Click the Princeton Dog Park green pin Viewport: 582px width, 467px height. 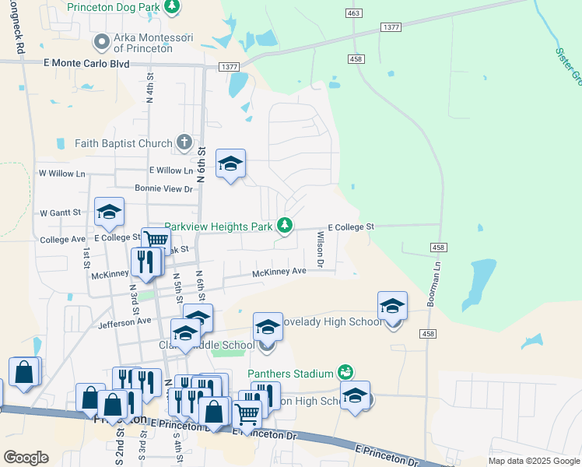pos(172,7)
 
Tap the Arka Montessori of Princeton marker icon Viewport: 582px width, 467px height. pos(101,41)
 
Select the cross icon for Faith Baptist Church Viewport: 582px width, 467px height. pos(184,142)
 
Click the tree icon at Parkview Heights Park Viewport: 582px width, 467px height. pos(286,226)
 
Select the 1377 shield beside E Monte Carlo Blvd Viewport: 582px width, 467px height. pos(229,68)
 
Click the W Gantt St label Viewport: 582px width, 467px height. pos(61,212)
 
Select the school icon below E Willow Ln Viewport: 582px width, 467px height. pos(230,163)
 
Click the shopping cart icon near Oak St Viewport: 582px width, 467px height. pos(156,240)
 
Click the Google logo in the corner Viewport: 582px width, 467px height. pos(26,458)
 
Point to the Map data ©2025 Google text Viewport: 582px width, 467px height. pos(533,461)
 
